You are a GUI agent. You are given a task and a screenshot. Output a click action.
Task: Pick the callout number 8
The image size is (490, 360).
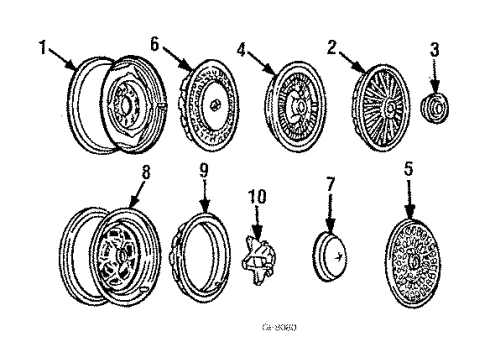pyautogui.click(x=148, y=172)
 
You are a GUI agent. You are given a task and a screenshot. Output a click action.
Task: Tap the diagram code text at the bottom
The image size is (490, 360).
pyautogui.click(x=246, y=327)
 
